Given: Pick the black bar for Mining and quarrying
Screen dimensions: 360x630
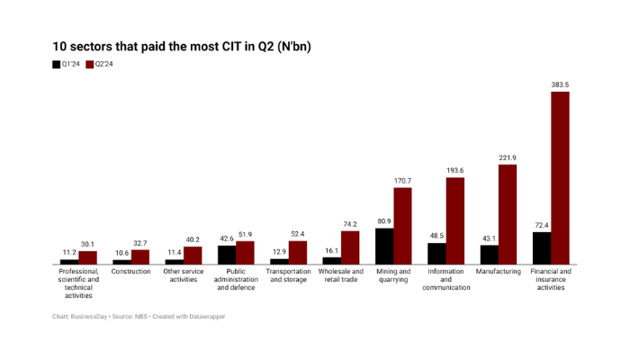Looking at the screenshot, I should click(x=384, y=246).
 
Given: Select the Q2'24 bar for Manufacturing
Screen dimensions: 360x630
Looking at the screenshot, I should click(x=508, y=214).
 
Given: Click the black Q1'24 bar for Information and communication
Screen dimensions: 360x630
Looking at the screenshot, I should click(x=436, y=253).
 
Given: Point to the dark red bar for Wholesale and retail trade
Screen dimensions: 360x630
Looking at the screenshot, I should click(x=350, y=247).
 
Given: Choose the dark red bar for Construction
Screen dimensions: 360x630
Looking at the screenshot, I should click(x=140, y=256).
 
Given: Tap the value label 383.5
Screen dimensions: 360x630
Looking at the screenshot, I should click(x=561, y=85).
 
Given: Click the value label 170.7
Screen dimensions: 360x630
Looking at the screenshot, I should click(x=402, y=181).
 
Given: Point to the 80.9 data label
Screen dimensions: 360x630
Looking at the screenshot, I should click(x=384, y=221).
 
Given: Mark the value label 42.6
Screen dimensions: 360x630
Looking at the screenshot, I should click(x=227, y=238).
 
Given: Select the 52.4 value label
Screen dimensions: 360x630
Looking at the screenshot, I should click(x=298, y=234).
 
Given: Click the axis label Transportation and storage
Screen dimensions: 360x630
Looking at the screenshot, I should click(x=288, y=275).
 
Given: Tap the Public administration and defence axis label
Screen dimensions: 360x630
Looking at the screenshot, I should click(x=236, y=279).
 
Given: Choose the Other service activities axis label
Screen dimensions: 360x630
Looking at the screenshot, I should click(x=184, y=275).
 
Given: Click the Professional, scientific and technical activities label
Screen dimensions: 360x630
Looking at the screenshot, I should click(x=78, y=283).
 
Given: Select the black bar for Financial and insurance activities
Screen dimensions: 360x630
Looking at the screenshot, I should click(x=542, y=247).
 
